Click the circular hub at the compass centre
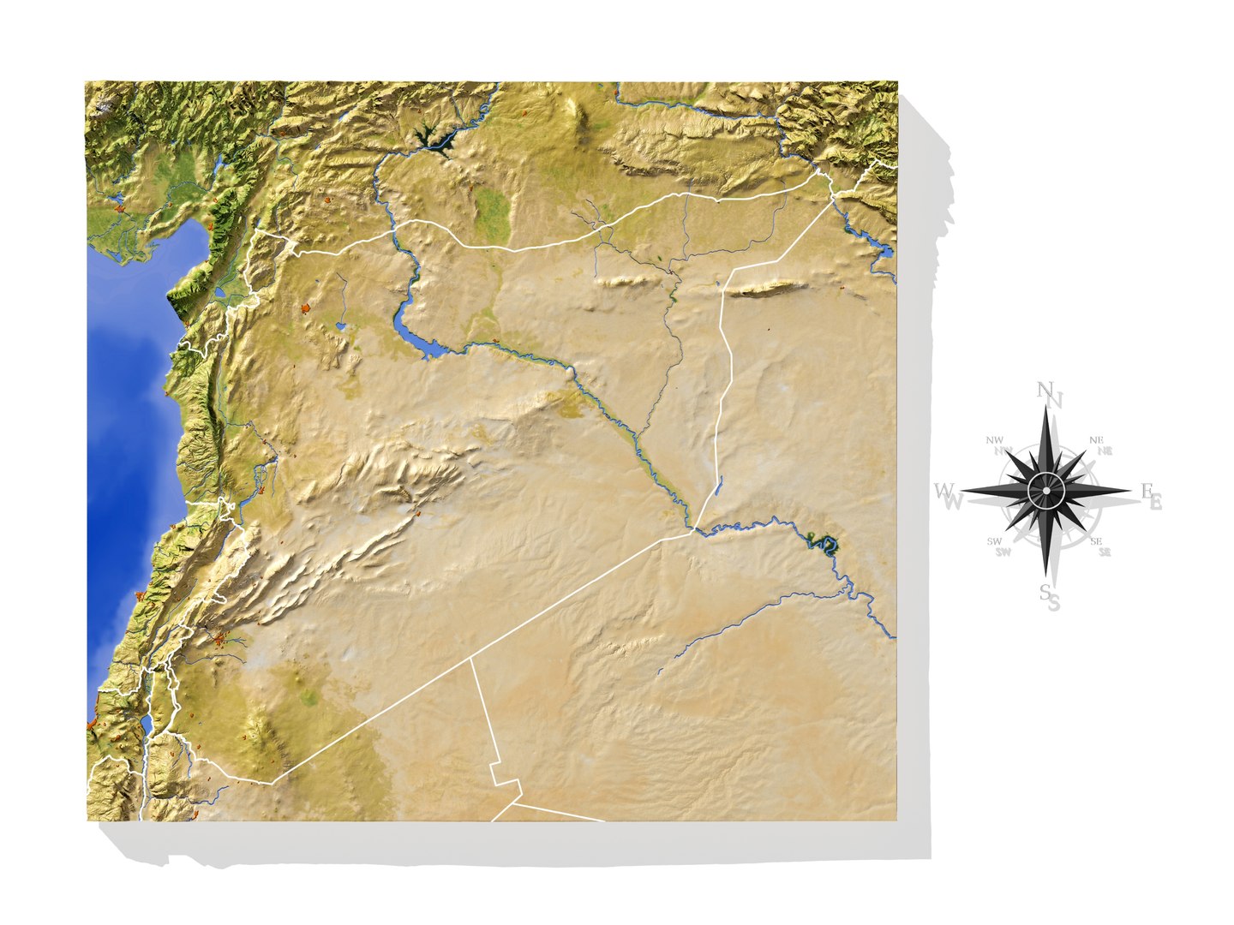(x=1046, y=492)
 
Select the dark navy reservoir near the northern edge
(x=433, y=137)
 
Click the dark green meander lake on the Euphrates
(x=825, y=542)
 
